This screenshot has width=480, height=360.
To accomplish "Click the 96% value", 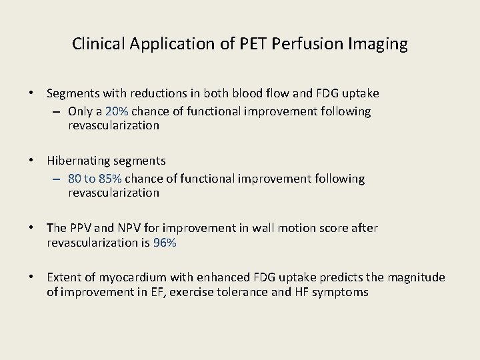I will pos(165,243).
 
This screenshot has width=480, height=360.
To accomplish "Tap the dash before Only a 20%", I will pos(56,111).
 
